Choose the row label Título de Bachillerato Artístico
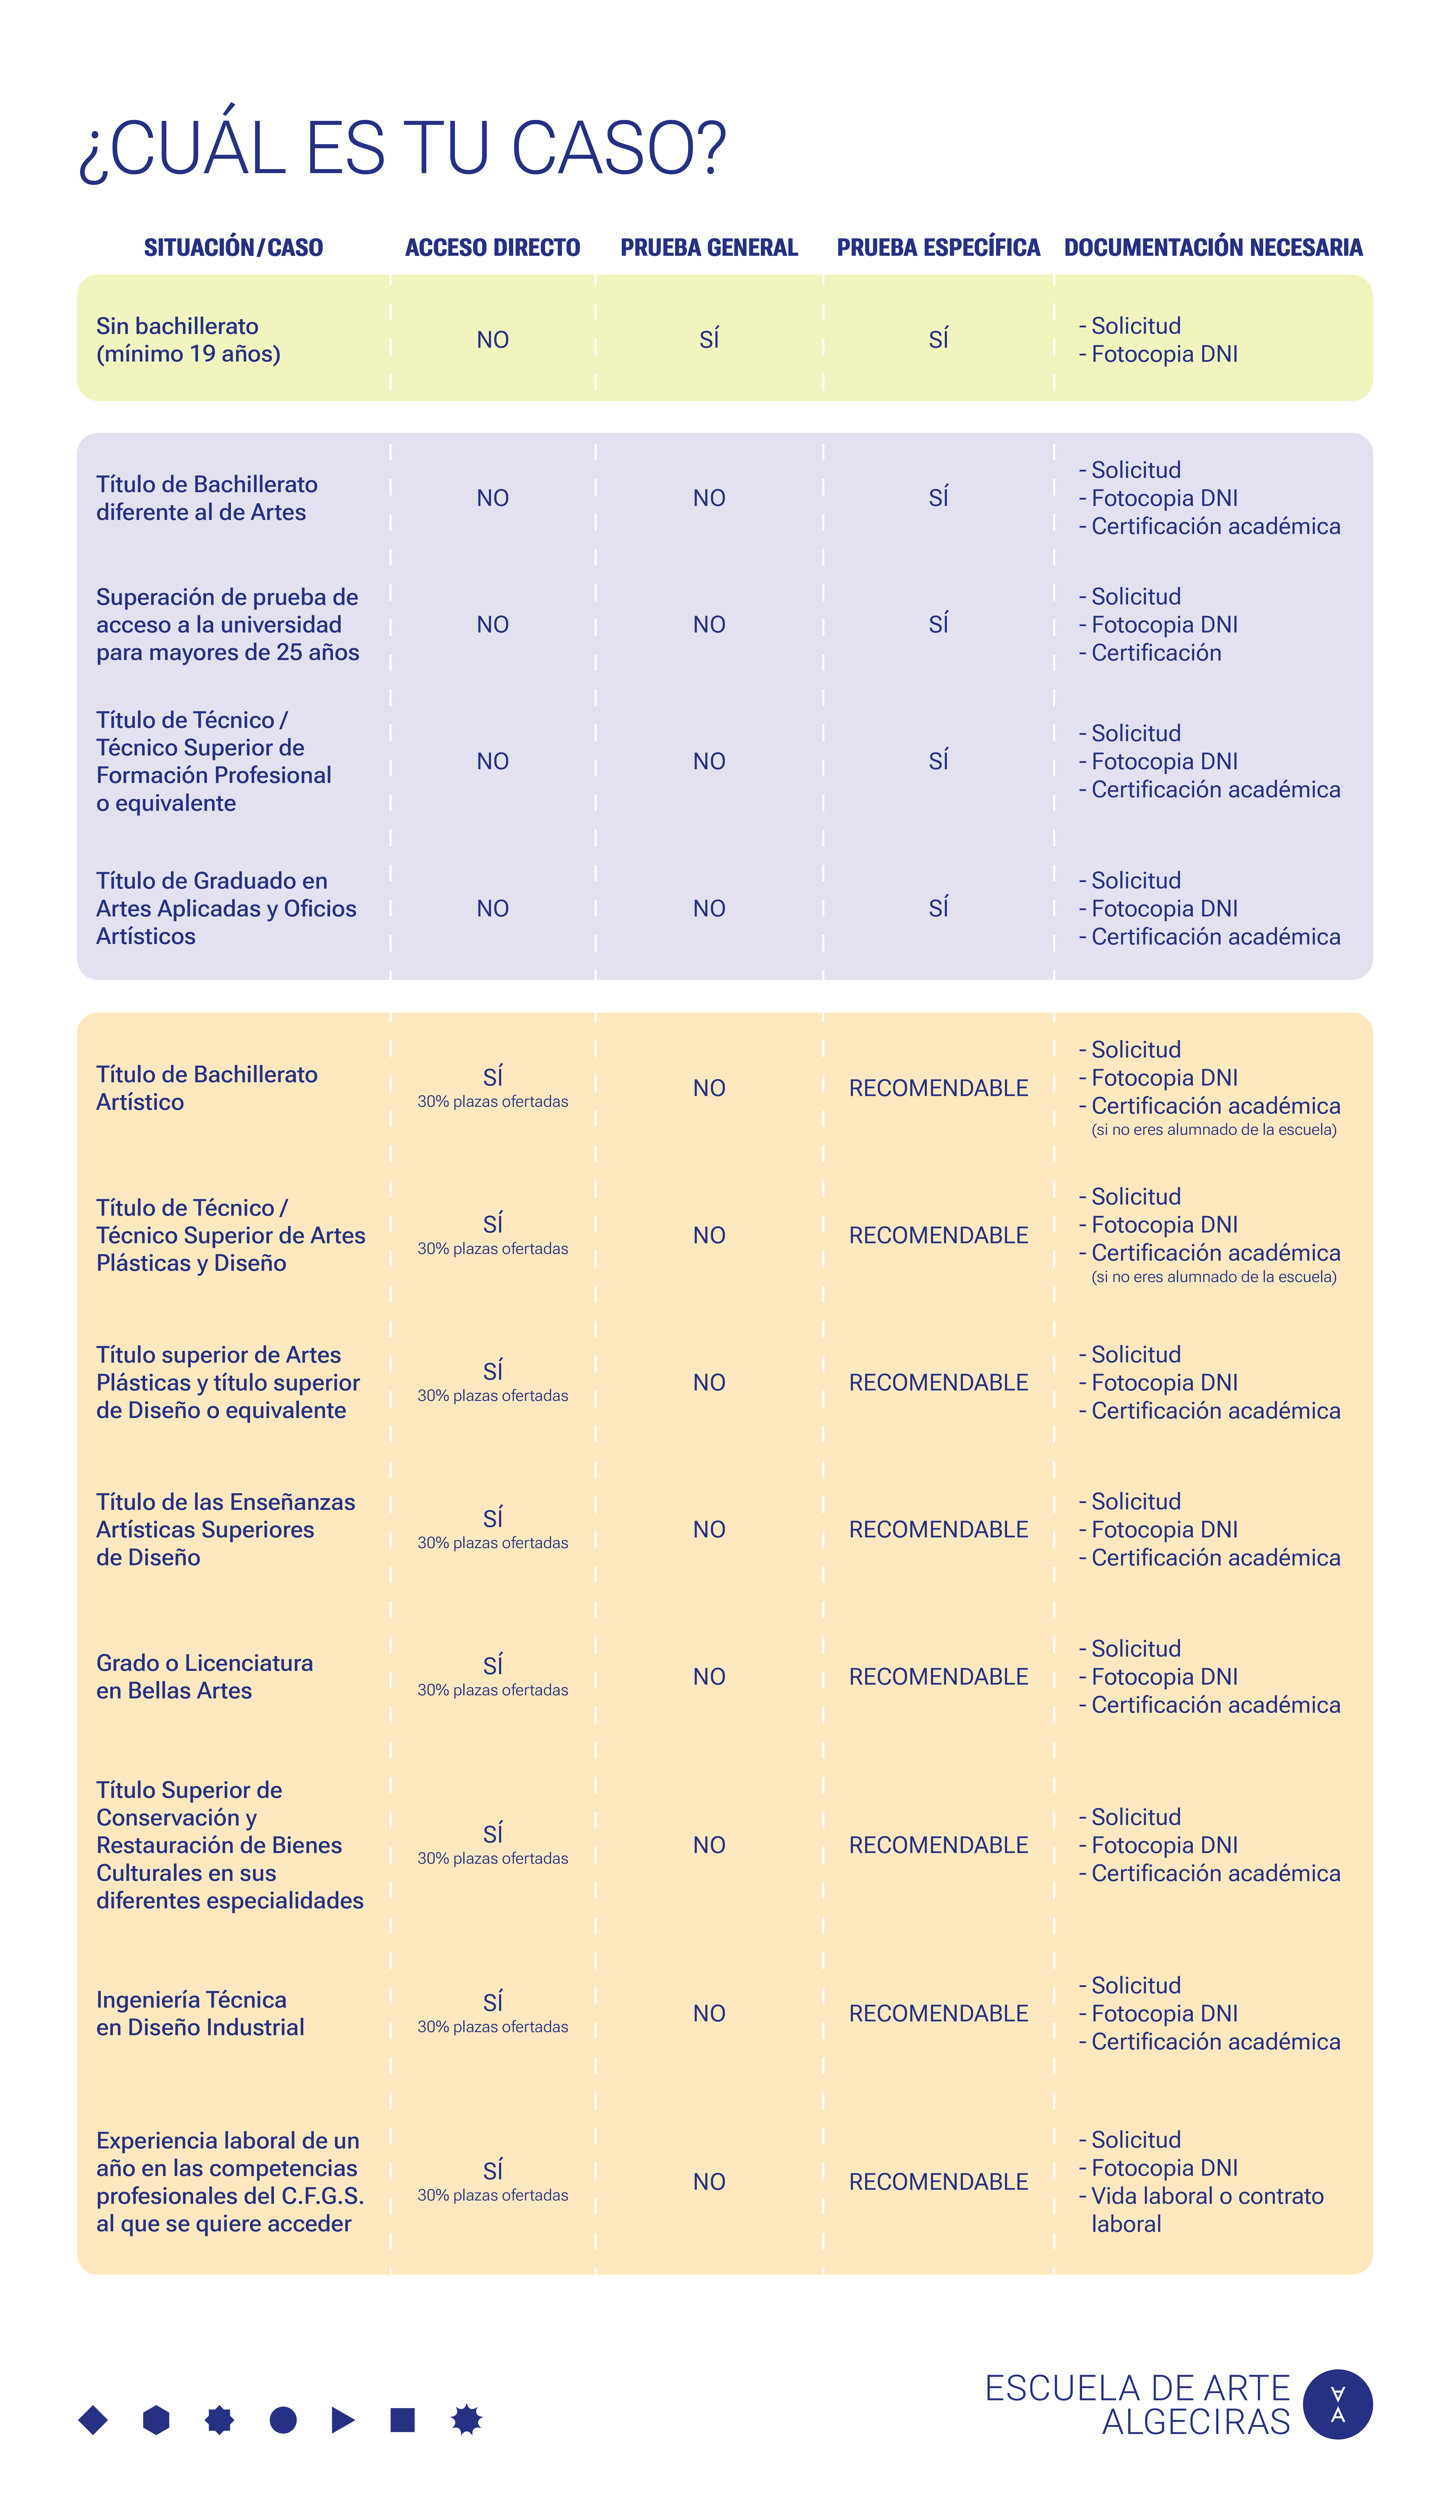206,1088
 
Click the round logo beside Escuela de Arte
1337,2404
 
